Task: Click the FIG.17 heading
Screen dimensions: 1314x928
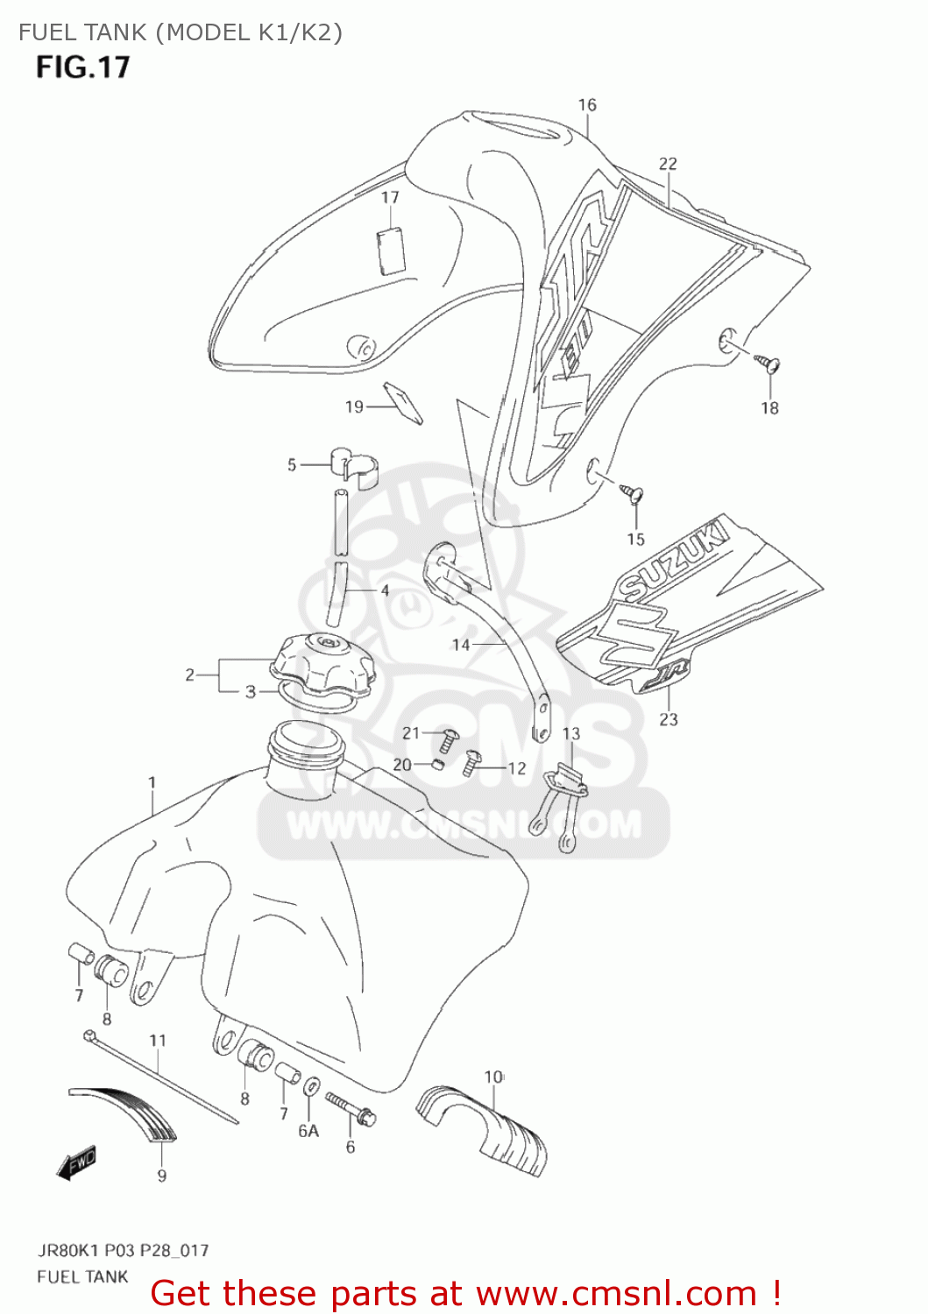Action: [83, 67]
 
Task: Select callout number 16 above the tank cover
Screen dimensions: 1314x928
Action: [587, 105]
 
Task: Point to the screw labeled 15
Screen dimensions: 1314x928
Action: [633, 493]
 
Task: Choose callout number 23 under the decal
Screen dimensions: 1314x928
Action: [669, 719]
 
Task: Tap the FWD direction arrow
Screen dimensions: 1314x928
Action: [78, 1163]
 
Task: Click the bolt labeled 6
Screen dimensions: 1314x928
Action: [351, 1108]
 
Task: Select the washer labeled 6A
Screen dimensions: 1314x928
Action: [311, 1088]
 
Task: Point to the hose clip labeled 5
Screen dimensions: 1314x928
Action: [352, 463]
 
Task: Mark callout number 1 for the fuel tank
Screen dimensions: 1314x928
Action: [152, 782]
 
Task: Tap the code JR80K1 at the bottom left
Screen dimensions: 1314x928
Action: [66, 1250]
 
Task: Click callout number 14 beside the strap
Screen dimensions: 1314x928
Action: [461, 645]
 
